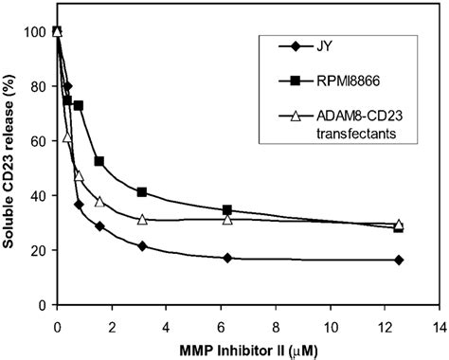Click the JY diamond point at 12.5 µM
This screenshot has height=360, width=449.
(x=399, y=260)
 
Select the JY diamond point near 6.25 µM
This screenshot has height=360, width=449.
(x=227, y=259)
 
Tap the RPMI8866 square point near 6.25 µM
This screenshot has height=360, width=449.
(x=227, y=210)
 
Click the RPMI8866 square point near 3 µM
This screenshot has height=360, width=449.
(x=142, y=192)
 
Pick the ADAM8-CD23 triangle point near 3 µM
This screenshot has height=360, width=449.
(x=142, y=219)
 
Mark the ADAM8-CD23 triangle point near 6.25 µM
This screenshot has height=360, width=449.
(x=227, y=219)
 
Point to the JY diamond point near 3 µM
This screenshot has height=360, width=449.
(x=142, y=246)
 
